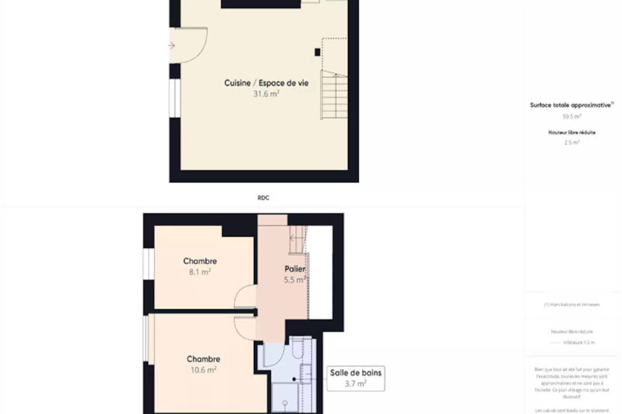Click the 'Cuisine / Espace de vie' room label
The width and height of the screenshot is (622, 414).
(x=266, y=83)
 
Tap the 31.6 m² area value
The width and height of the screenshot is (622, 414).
(x=266, y=94)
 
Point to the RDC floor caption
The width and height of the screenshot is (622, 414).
(x=263, y=198)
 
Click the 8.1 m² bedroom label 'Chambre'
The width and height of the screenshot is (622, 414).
(x=200, y=261)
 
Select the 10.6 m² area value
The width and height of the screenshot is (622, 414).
(x=203, y=370)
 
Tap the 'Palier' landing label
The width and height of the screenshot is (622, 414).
(x=295, y=269)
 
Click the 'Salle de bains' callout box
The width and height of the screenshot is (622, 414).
(x=356, y=378)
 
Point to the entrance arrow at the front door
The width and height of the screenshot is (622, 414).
(x=172, y=46)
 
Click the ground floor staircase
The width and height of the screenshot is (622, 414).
(x=334, y=96)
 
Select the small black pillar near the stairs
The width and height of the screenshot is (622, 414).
(x=317, y=52)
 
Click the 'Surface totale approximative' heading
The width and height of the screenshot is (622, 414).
(x=571, y=105)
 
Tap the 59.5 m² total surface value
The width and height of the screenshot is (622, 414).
(x=572, y=116)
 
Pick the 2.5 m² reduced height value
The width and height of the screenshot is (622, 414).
(x=572, y=142)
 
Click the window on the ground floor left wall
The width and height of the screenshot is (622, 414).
(x=175, y=98)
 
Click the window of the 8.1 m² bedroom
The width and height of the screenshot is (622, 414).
(x=148, y=263)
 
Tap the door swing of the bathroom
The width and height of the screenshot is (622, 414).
(x=273, y=354)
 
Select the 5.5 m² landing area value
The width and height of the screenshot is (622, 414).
(x=295, y=280)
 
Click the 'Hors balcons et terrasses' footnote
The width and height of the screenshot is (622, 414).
(x=572, y=305)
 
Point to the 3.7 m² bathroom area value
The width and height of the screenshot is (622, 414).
(x=356, y=384)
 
